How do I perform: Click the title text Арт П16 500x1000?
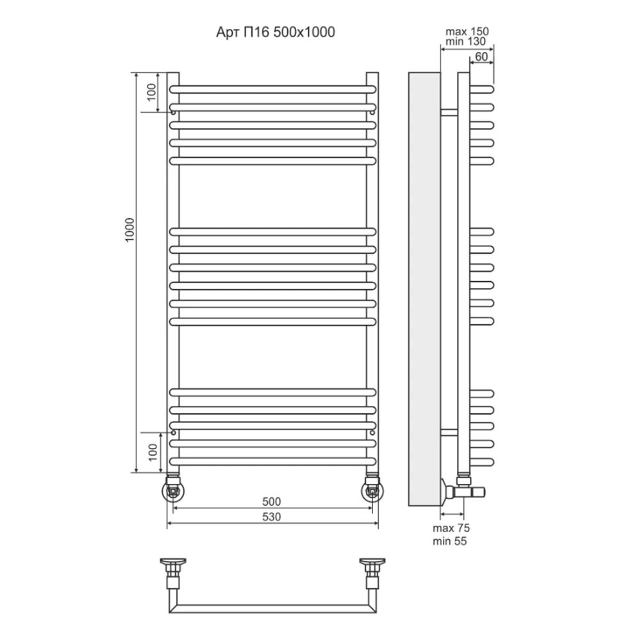[x=276, y=32]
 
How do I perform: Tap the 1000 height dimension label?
[x=129, y=229]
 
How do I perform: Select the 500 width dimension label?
[x=271, y=501]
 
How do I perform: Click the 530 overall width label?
[x=271, y=517]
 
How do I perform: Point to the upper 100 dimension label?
[x=152, y=92]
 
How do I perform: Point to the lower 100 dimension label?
[x=153, y=453]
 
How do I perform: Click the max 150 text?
[x=467, y=31]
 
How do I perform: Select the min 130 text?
[x=465, y=41]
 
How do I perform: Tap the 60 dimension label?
[x=481, y=56]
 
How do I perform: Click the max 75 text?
[x=451, y=528]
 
